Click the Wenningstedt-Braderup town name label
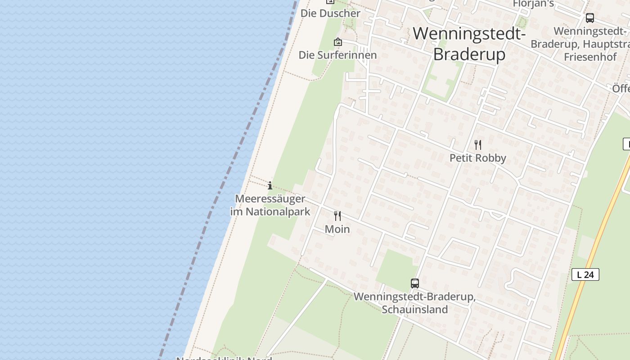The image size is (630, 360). pyautogui.click(x=469, y=44)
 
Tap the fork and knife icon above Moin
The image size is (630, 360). pyautogui.click(x=337, y=216)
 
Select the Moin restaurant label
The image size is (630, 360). pyautogui.click(x=337, y=229)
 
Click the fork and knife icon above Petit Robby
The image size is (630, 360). pyautogui.click(x=478, y=145)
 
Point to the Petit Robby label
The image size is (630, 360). pyautogui.click(x=478, y=158)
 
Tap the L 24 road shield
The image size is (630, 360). pyautogui.click(x=585, y=274)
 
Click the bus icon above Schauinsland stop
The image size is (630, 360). pyautogui.click(x=415, y=283)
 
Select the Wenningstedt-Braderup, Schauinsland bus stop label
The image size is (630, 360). pyautogui.click(x=414, y=303)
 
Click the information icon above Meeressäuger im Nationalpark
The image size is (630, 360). pyautogui.click(x=270, y=185)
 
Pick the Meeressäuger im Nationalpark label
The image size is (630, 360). pyautogui.click(x=270, y=205)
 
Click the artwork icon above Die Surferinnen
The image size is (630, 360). pyautogui.click(x=338, y=42)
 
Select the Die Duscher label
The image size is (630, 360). pyautogui.click(x=330, y=13)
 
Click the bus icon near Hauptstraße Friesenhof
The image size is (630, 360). pyautogui.click(x=589, y=18)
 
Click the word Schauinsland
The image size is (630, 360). pyautogui.click(x=414, y=310)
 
